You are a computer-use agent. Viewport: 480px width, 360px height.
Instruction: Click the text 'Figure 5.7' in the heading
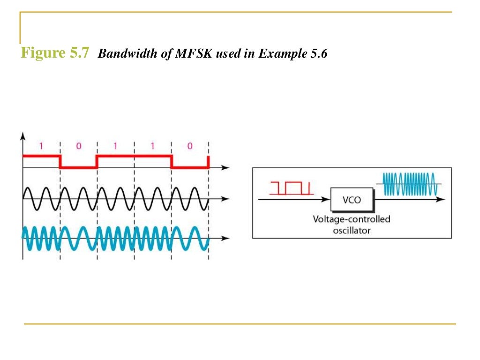coord(54,53)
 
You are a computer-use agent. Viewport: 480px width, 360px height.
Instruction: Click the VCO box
coord(352,200)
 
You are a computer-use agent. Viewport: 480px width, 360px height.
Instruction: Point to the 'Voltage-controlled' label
coord(352,219)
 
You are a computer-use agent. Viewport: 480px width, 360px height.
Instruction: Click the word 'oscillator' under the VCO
coord(352,230)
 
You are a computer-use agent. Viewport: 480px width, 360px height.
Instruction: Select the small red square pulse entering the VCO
coord(291,187)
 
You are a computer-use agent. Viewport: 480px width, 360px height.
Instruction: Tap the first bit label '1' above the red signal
coord(41,146)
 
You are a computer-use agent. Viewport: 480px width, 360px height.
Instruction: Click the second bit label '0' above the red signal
coord(78,146)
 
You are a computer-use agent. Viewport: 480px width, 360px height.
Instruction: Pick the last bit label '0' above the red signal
coord(190,146)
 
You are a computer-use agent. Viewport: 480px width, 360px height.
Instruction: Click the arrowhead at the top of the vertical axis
coord(22,135)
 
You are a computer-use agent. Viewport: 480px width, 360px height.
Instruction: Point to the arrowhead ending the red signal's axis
coord(226,167)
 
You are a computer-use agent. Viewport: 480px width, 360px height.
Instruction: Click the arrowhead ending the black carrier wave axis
coord(226,199)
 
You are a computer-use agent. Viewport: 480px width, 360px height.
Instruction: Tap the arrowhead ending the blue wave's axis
coord(226,238)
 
